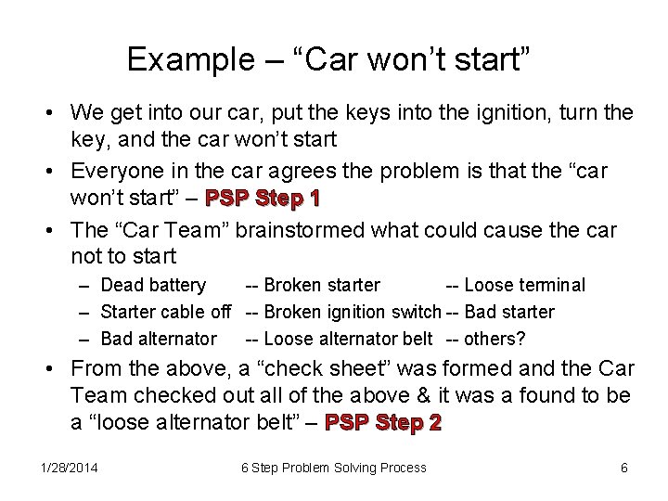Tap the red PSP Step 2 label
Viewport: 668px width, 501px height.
pyautogui.click(x=385, y=423)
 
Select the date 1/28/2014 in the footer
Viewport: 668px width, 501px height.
pyautogui.click(x=70, y=468)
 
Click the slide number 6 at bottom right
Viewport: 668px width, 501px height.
pyautogui.click(x=624, y=468)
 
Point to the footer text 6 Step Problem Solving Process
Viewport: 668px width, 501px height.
pyautogui.click(x=334, y=468)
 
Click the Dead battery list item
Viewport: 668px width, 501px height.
pyautogui.click(x=152, y=285)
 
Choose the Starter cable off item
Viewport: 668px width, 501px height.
pyautogui.click(x=165, y=312)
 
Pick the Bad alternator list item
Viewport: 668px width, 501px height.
pyautogui.click(x=159, y=339)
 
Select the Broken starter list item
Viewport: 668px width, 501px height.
pyautogui.click(x=321, y=285)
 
